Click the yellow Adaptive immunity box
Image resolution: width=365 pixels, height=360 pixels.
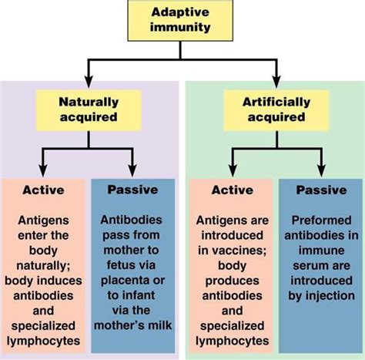182,22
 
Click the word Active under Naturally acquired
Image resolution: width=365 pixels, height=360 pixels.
43,190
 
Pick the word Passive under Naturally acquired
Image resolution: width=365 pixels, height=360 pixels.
132,190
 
